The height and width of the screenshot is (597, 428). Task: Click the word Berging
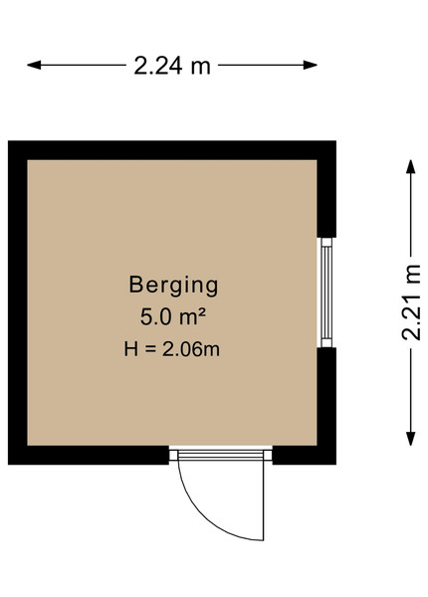click(x=173, y=286)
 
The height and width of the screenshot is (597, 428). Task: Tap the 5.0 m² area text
click(x=173, y=316)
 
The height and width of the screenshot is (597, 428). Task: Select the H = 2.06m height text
click(x=172, y=349)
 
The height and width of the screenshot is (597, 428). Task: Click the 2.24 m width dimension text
click(x=172, y=66)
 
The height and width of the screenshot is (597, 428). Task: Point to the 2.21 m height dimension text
click(x=411, y=302)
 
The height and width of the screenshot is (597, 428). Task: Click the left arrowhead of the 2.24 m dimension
click(x=34, y=65)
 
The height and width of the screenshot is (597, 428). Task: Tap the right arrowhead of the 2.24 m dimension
click(x=311, y=65)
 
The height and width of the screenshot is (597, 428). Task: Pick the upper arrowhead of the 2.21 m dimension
click(x=410, y=167)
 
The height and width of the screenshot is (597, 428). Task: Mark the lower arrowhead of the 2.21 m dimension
click(x=410, y=439)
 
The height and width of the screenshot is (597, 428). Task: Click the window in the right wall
click(x=326, y=293)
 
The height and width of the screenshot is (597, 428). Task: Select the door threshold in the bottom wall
click(x=221, y=456)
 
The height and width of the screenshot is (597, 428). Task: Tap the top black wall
click(x=172, y=150)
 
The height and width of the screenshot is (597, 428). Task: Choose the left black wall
click(x=18, y=302)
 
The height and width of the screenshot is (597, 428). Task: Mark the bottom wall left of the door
click(x=89, y=456)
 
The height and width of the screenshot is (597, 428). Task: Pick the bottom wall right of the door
click(x=305, y=456)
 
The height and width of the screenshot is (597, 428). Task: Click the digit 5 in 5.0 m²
click(x=146, y=317)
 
